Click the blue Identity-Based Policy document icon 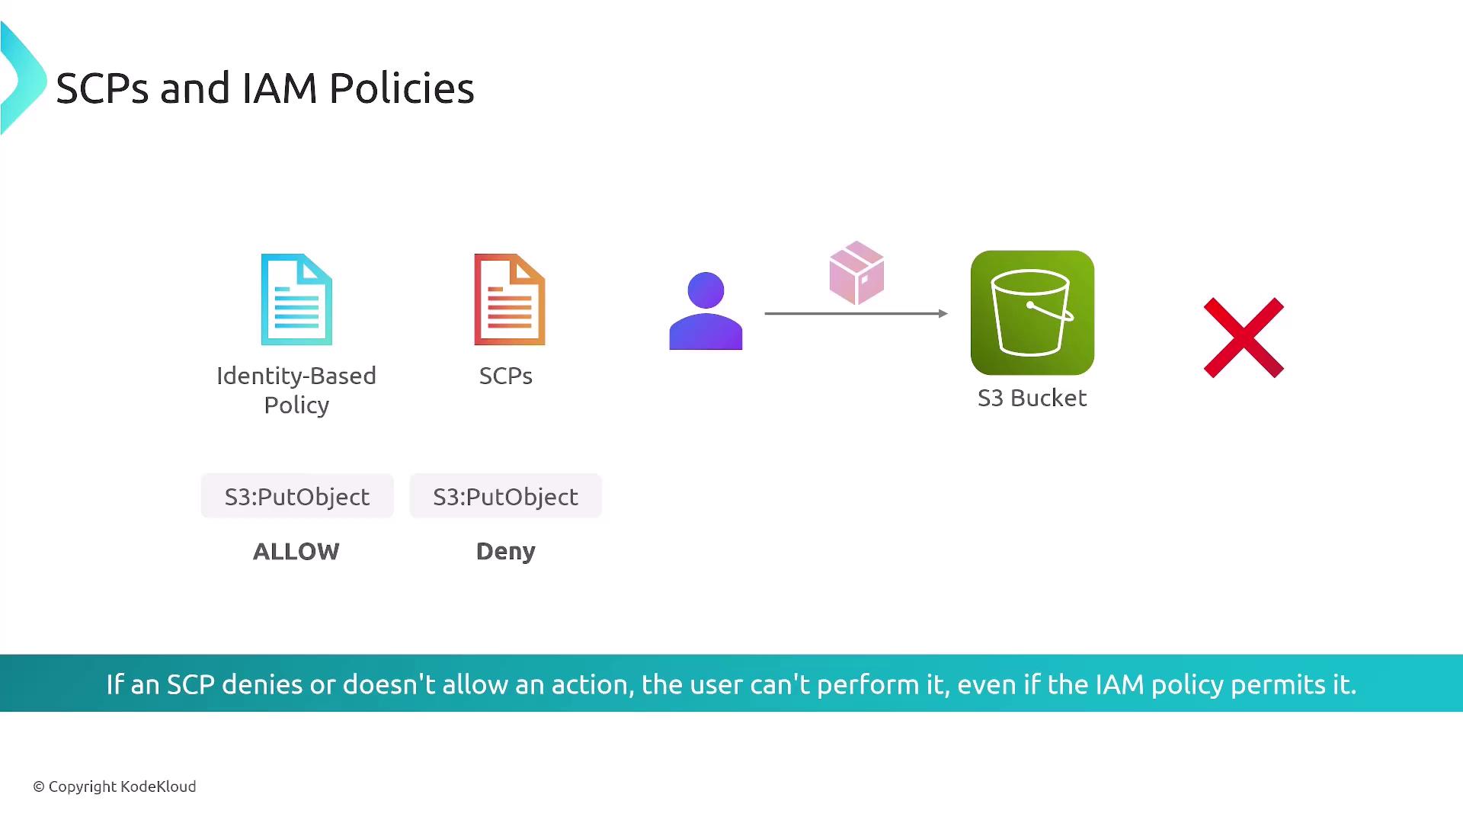pyautogui.click(x=296, y=299)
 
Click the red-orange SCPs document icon pyautogui.click(x=510, y=299)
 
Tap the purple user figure pyautogui.click(x=706, y=311)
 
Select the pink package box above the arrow pyautogui.click(x=856, y=273)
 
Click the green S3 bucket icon pyautogui.click(x=1032, y=312)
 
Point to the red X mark pyautogui.click(x=1244, y=338)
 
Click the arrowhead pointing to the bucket pyautogui.click(x=943, y=313)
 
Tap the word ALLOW pyautogui.click(x=296, y=551)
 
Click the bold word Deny pyautogui.click(x=506, y=551)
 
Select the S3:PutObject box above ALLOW pyautogui.click(x=297, y=496)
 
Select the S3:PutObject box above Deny pyautogui.click(x=506, y=496)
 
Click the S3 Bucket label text pyautogui.click(x=1032, y=398)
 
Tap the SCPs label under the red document pyautogui.click(x=506, y=376)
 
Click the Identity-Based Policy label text pyautogui.click(x=296, y=390)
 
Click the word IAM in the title pyautogui.click(x=280, y=88)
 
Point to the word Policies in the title pyautogui.click(x=402, y=88)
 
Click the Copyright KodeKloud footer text pyautogui.click(x=114, y=786)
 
